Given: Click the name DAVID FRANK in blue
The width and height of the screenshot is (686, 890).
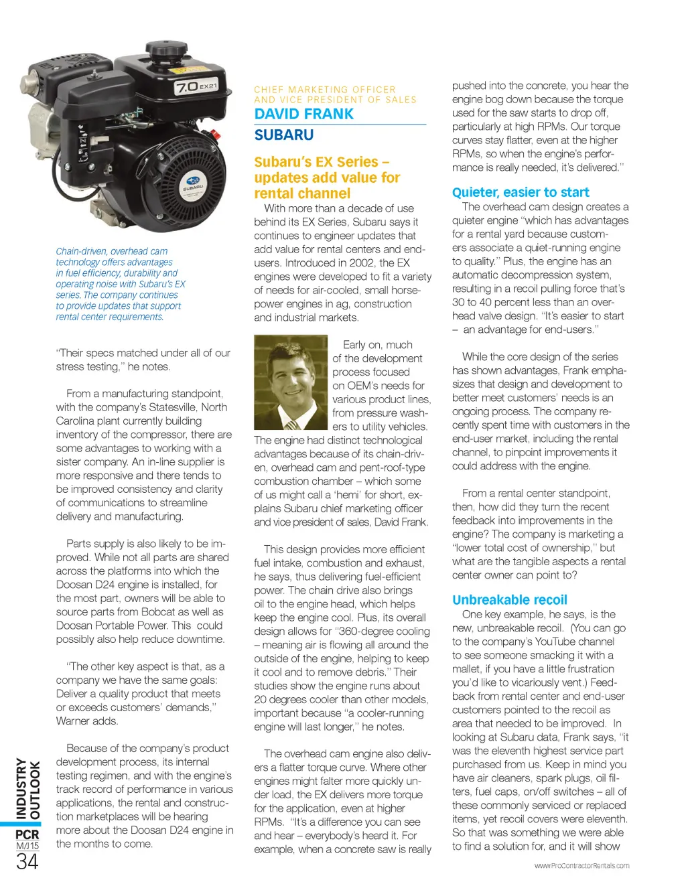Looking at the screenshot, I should pyautogui.click(x=303, y=114).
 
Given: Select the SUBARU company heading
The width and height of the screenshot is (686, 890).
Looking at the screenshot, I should pyautogui.click(x=284, y=135).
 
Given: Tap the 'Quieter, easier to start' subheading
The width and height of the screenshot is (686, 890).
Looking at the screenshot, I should pyautogui.click(x=521, y=193).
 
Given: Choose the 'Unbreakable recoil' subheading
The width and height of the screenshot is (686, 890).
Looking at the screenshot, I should pyautogui.click(x=509, y=600).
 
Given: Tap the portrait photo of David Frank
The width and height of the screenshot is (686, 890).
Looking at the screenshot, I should pyautogui.click(x=291, y=383).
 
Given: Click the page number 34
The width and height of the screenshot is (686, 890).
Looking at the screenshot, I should pyautogui.click(x=27, y=861).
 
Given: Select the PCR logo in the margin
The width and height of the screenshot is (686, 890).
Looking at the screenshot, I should pyautogui.click(x=27, y=834).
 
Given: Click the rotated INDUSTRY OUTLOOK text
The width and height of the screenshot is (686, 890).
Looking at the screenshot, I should pyautogui.click(x=27, y=789).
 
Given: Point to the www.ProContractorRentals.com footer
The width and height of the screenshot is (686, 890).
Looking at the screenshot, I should pyautogui.click(x=581, y=866).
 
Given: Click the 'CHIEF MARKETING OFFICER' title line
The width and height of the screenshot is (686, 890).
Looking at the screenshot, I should pyautogui.click(x=325, y=90).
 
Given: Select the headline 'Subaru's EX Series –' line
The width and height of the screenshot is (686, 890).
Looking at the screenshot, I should pyautogui.click(x=322, y=162).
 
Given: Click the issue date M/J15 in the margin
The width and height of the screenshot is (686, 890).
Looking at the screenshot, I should pyautogui.click(x=27, y=846).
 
